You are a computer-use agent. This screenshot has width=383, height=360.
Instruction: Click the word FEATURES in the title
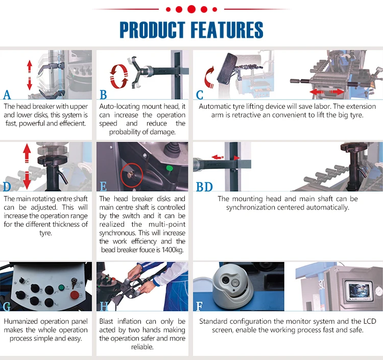click(x=228, y=30)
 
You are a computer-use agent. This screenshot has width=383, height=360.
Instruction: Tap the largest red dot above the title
click(x=192, y=9)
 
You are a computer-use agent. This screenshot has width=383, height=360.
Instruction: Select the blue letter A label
click(x=7, y=95)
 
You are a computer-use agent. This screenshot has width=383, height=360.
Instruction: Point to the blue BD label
click(x=204, y=187)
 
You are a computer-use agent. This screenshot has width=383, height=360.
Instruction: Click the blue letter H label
click(x=104, y=306)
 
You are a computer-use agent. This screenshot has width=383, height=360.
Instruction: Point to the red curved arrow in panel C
click(x=209, y=79)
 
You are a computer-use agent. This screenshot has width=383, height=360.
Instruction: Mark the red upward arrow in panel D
click(x=27, y=154)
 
